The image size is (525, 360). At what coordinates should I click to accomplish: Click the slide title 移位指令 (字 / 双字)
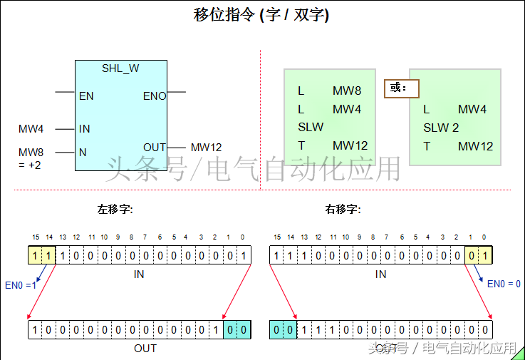(261, 15)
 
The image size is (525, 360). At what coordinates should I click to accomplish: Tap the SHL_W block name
(120, 68)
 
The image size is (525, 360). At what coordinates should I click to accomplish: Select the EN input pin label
(86, 96)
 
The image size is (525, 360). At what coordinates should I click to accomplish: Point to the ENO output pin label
(155, 96)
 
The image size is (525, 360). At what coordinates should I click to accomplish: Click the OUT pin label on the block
(155, 148)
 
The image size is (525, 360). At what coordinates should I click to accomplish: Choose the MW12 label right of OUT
(206, 148)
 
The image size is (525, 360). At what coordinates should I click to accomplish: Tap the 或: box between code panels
(401, 88)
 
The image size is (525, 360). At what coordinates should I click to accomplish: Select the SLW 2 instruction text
(441, 128)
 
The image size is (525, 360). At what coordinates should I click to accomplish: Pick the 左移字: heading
(115, 210)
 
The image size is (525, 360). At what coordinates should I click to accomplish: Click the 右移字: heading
(343, 210)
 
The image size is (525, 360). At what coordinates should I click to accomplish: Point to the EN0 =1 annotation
(20, 285)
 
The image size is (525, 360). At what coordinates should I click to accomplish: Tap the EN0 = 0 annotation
(504, 284)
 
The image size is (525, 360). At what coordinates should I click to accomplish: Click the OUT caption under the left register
(145, 348)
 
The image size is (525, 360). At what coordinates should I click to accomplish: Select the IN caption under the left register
(139, 274)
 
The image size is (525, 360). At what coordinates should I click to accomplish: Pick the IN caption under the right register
(381, 274)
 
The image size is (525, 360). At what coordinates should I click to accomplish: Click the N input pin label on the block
(83, 152)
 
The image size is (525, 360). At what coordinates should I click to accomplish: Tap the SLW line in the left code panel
(311, 127)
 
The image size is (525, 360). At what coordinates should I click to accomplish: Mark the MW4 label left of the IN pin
(31, 129)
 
